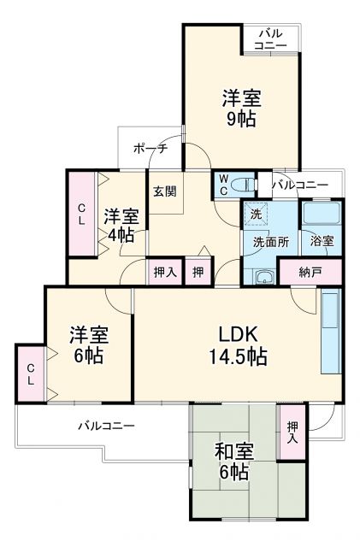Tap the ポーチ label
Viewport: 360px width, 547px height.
coord(150,149)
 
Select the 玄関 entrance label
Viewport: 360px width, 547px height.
coord(164,191)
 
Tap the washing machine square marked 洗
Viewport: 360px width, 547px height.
coord(255,214)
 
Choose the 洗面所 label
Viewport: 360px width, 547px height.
coord(269,242)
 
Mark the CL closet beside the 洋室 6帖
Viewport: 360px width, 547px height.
coord(30,373)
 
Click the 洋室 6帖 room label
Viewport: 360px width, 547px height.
coord(87,344)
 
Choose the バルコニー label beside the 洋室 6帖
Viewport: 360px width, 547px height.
coord(107,424)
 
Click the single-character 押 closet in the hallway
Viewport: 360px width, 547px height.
coord(198,273)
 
